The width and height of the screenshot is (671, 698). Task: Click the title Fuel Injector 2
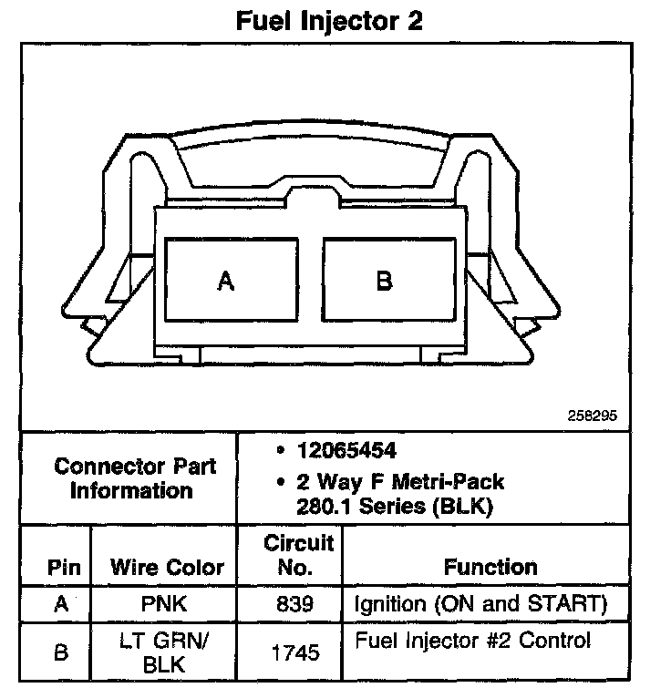pyautogui.click(x=329, y=21)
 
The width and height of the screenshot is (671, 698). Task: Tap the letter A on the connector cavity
pyautogui.click(x=226, y=282)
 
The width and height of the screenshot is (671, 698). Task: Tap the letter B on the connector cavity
pyautogui.click(x=384, y=282)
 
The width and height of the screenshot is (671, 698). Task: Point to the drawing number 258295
pyautogui.click(x=593, y=415)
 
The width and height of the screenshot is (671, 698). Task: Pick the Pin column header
pyautogui.click(x=64, y=568)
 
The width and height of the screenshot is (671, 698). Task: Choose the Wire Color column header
pyautogui.click(x=167, y=568)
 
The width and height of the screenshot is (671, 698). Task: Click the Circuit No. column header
pyautogui.click(x=298, y=555)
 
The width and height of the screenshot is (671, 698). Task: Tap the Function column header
pyautogui.click(x=490, y=567)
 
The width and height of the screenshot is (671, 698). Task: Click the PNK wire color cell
pyautogui.click(x=165, y=603)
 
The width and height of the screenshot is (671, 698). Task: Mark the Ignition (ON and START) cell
pyautogui.click(x=479, y=603)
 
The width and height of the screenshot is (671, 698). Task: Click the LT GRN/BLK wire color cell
pyautogui.click(x=165, y=652)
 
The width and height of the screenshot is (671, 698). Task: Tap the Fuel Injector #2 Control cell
pyautogui.click(x=472, y=641)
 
